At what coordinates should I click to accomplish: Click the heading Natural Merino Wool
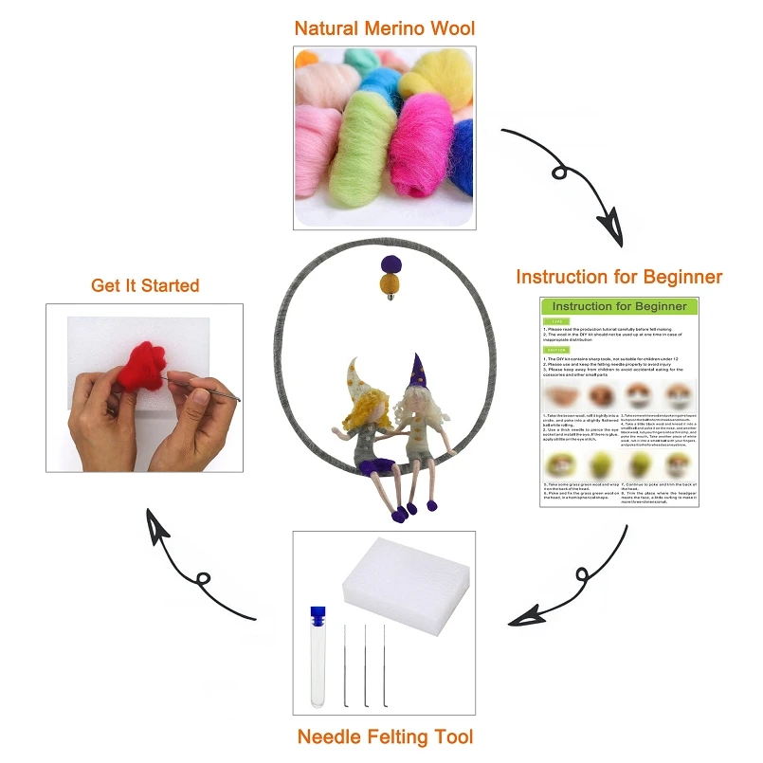coord(384,27)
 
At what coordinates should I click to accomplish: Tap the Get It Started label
coord(145,285)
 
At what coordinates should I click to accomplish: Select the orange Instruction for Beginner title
coord(619,278)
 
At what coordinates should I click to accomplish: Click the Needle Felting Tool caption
coord(385,736)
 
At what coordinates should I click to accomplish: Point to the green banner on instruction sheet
coord(619,307)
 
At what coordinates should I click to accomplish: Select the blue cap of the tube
coord(318,615)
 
